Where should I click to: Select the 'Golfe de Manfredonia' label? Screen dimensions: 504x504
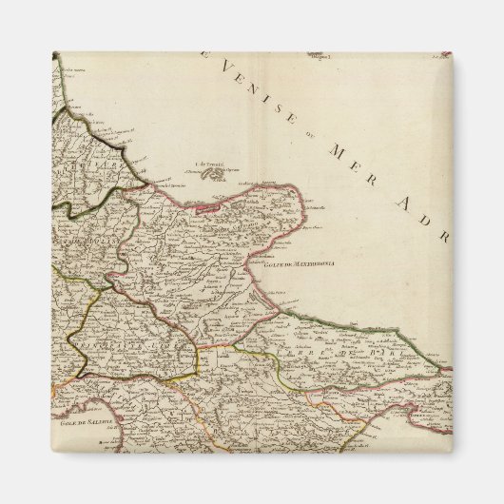pyautogui.click(x=286, y=267)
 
